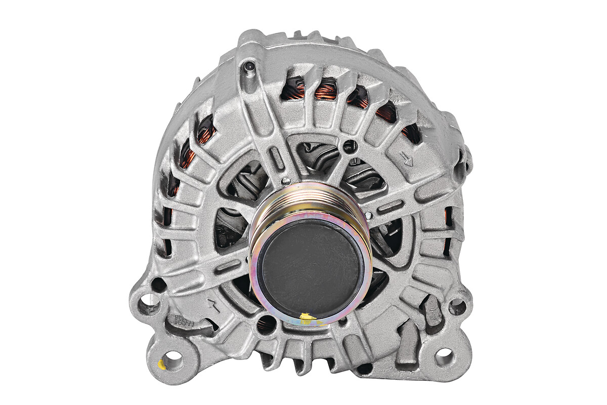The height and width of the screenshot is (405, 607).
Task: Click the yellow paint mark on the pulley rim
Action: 308,318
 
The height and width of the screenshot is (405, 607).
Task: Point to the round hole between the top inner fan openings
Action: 348,146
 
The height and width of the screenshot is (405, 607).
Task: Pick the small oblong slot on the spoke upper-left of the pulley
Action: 277,157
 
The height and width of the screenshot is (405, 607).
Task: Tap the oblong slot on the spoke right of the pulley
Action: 391,207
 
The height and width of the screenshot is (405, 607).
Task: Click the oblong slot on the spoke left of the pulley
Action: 228,266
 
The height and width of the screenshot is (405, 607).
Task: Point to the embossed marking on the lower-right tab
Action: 432,309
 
